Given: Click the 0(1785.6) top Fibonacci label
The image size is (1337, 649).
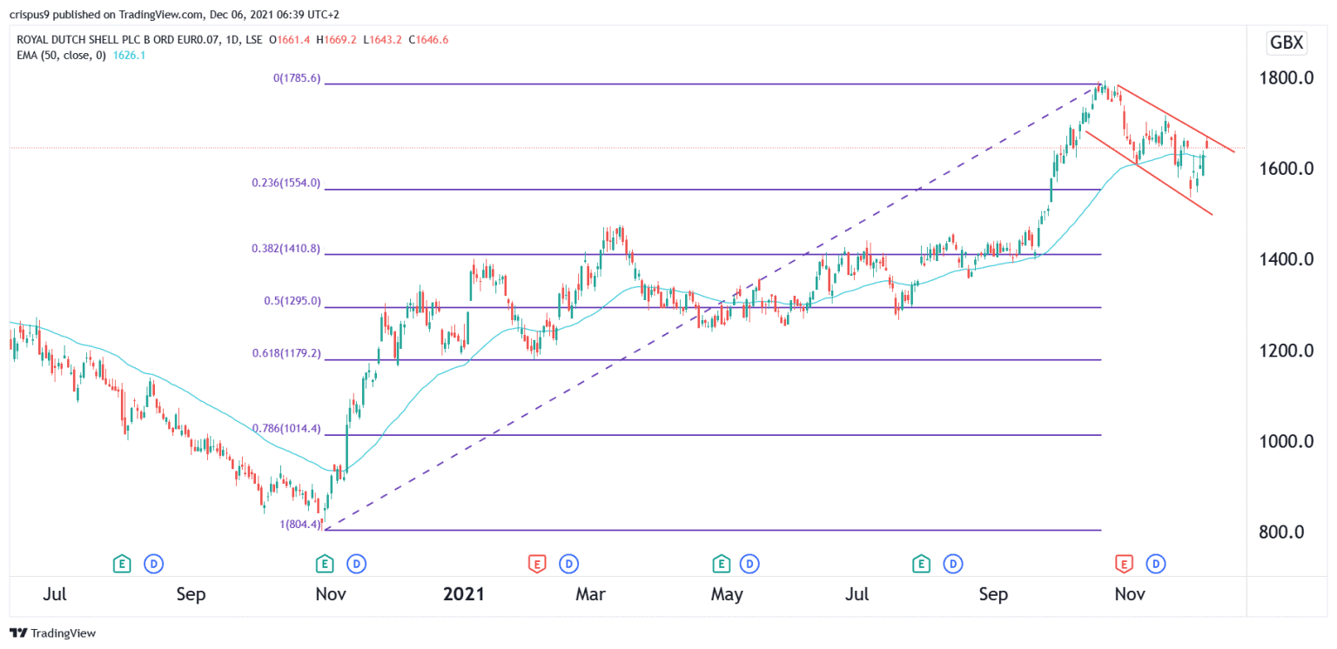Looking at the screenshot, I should tap(297, 78).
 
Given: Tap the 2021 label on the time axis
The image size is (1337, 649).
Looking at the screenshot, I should tap(463, 595).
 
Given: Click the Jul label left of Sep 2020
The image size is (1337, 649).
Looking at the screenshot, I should tap(55, 595).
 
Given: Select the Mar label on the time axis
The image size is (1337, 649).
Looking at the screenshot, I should tap(591, 595).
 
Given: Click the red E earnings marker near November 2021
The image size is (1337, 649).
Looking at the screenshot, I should tap(1124, 565).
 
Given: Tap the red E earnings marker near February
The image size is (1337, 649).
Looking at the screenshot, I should tap(537, 565).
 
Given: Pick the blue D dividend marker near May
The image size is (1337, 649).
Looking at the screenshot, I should tap(748, 565).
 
